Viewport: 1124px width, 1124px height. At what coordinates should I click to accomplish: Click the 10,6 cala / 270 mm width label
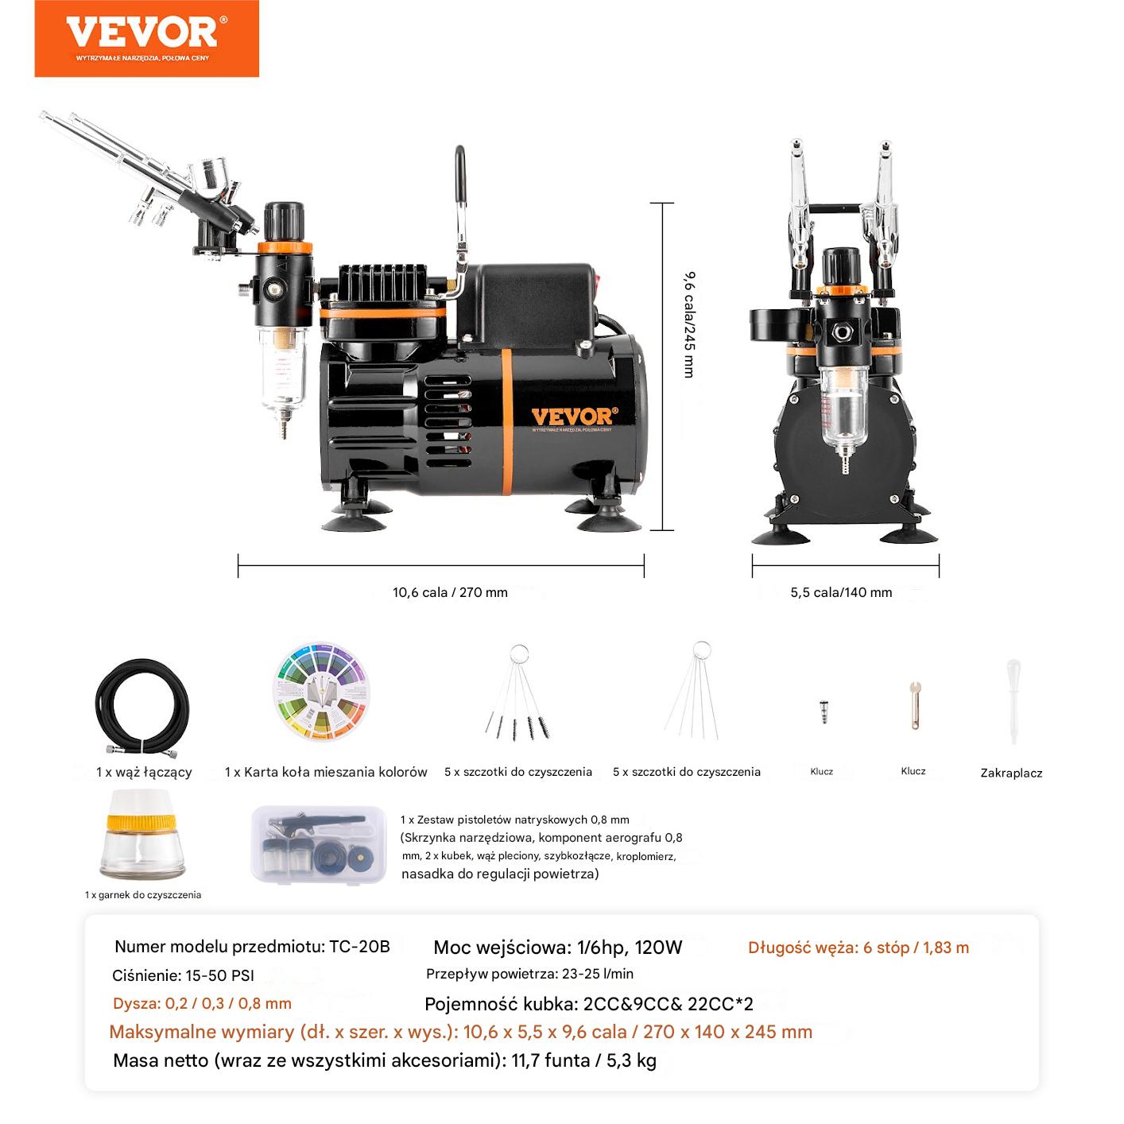click(450, 592)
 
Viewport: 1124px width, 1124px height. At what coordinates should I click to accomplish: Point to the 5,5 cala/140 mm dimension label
click(841, 592)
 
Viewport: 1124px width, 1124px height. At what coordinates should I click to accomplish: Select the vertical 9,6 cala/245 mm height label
click(689, 324)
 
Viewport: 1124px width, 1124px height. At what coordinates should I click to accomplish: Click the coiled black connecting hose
click(141, 712)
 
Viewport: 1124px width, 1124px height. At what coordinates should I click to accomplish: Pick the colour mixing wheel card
click(321, 692)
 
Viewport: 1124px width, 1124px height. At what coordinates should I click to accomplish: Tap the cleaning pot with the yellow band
click(141, 835)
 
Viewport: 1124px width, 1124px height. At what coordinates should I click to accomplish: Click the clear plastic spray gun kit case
click(319, 845)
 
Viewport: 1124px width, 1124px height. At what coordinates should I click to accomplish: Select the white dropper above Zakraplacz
click(1014, 700)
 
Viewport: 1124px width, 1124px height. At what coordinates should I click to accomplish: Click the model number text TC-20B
click(359, 947)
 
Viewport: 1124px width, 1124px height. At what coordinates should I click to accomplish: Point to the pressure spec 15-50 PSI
click(219, 976)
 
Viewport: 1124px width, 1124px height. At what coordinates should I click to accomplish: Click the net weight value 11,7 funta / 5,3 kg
click(584, 1060)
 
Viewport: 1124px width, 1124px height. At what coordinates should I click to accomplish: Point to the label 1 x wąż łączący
click(144, 773)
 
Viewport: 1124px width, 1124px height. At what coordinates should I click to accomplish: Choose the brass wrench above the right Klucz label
click(915, 705)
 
